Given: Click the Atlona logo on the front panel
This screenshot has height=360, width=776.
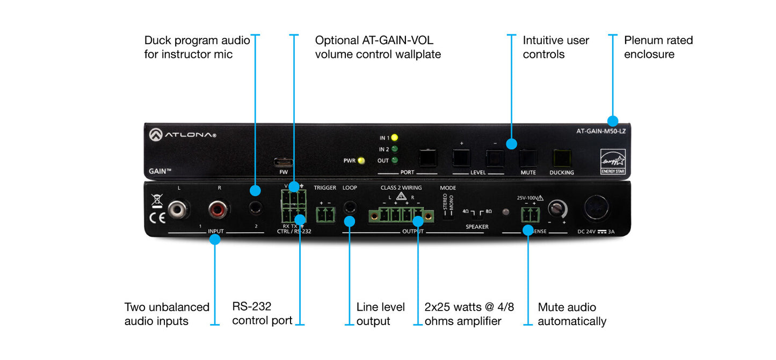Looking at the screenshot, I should click(x=183, y=135).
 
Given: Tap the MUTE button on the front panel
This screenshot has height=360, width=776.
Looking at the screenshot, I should click(x=528, y=158).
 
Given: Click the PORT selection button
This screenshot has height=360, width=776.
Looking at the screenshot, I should click(x=428, y=157).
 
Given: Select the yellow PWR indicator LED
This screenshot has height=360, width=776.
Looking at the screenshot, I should click(x=361, y=160).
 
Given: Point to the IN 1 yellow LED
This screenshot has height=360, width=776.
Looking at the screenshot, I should click(x=395, y=138).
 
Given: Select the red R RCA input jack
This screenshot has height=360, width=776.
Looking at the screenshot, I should click(x=219, y=209).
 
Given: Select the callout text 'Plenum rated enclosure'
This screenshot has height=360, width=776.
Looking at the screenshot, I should click(x=658, y=47).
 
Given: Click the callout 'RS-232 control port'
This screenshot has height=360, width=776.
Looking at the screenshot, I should click(x=262, y=314).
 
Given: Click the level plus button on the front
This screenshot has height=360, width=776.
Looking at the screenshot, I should click(x=461, y=157).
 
